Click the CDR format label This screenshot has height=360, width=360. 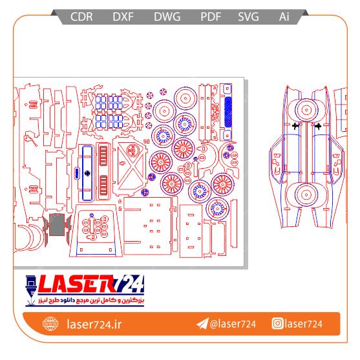click(81, 17)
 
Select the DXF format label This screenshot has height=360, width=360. click(123, 17)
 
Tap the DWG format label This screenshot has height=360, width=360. click(167, 17)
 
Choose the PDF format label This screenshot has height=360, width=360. click(211, 17)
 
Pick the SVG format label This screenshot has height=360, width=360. click(248, 17)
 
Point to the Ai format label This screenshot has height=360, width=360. click(284, 17)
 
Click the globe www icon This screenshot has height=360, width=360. click(50, 324)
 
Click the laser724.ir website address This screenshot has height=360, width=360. click(94, 324)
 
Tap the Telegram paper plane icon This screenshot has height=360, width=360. click(202, 324)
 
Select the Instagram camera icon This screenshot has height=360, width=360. click(277, 324)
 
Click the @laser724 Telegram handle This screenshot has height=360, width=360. click(233, 324)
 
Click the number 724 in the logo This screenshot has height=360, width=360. click(131, 284)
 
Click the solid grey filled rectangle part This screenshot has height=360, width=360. click(57, 224)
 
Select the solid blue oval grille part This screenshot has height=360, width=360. click(228, 112)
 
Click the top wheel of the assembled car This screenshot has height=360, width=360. click(306, 111)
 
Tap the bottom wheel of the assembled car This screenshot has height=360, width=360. click(306, 195)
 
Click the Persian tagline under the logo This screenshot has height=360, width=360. click(91, 301)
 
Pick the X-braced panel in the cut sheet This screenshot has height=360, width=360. click(131, 166)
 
